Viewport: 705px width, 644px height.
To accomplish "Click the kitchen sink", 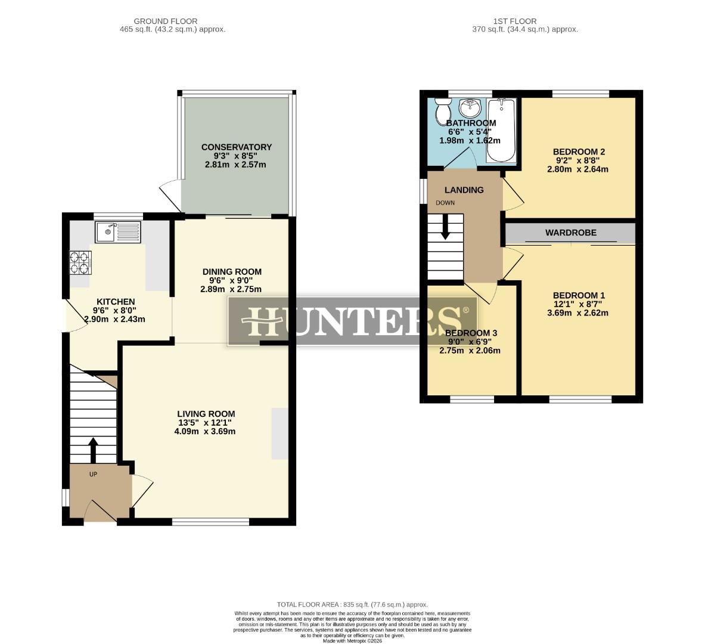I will point(117,231).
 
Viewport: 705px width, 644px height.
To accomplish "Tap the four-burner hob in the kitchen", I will point(81,263).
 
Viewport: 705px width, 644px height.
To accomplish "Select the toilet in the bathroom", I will point(443,111).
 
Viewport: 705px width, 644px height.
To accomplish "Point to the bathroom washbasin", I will point(471,109).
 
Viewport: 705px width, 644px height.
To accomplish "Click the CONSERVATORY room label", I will point(236,147).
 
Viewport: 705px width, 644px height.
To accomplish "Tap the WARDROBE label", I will point(570,233).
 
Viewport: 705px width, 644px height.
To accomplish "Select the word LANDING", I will point(464,190).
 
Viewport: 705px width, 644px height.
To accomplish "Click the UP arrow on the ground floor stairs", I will point(92,451).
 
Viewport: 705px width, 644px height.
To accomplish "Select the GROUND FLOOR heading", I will point(165,21).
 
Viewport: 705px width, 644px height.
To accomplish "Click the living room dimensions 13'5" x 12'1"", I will point(206,423).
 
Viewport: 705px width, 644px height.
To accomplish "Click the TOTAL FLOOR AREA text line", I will point(352,605).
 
